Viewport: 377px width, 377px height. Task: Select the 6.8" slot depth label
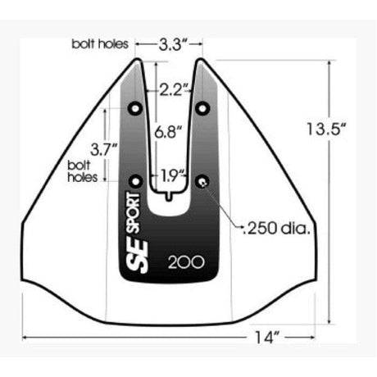[x=170, y=129]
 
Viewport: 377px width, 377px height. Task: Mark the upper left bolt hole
[x=135, y=108]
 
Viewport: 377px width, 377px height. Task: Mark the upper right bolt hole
[x=202, y=108]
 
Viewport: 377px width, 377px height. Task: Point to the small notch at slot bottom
[x=169, y=196]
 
